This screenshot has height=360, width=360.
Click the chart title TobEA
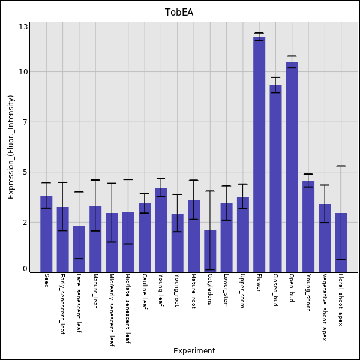[179, 13]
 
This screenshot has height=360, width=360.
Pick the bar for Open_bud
[292, 167]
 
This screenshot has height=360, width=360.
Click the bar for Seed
[46, 234]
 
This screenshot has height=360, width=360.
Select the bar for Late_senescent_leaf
[79, 248]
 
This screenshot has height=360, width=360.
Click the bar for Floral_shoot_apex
[341, 242]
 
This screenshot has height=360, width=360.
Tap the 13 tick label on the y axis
[23, 27]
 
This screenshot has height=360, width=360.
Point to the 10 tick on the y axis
[23, 72]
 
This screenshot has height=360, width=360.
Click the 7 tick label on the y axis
[25, 122]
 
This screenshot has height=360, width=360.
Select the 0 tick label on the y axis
[25, 269]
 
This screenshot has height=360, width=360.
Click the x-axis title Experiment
[194, 351]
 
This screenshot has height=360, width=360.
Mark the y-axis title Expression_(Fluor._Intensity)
[11, 147]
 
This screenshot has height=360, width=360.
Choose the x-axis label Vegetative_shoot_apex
[325, 307]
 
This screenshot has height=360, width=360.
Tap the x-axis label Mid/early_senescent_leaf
[112, 310]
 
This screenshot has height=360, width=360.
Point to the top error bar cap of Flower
[259, 33]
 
